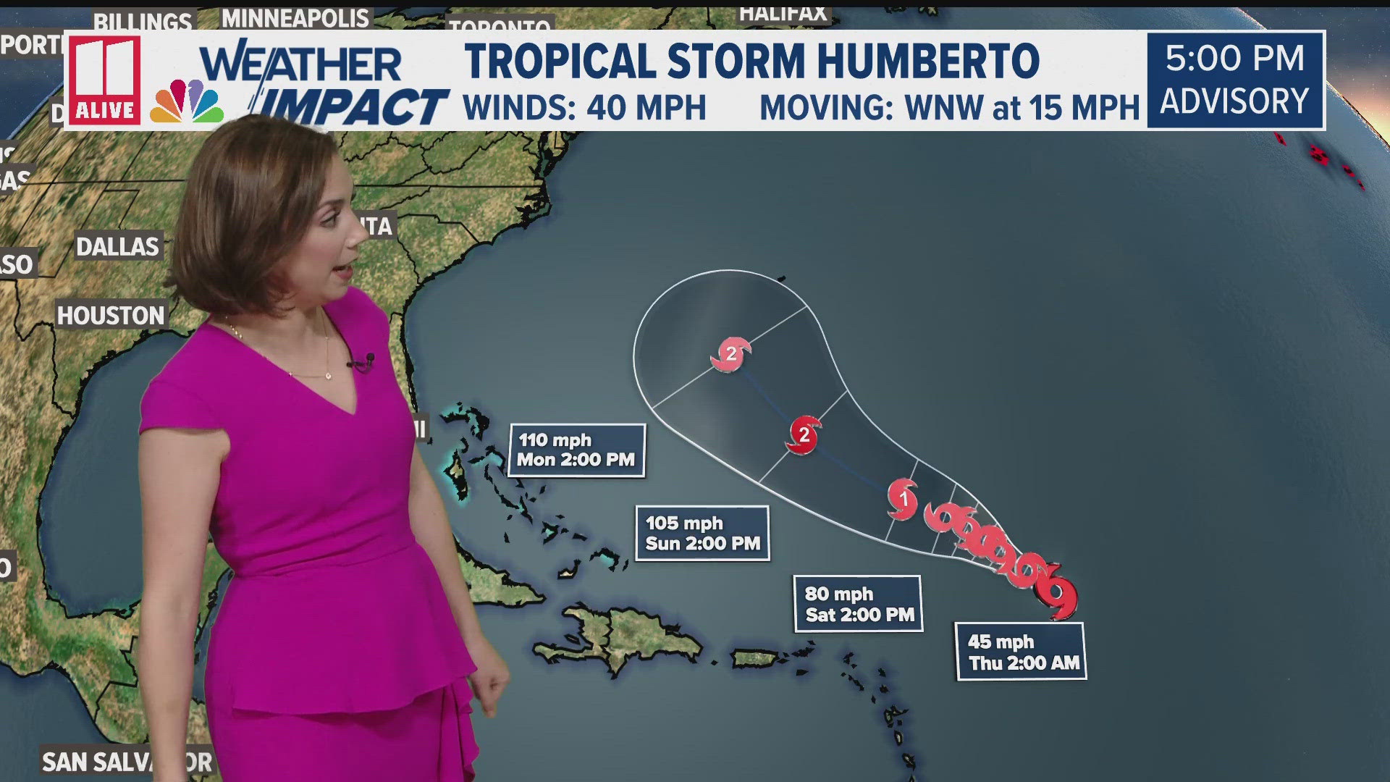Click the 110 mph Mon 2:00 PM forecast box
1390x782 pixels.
tap(576, 450)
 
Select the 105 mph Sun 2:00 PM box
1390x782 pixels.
tap(702, 534)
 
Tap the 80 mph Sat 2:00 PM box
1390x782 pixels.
tap(859, 604)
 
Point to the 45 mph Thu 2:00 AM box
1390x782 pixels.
tap(1022, 652)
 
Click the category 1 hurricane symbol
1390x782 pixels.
tap(903, 498)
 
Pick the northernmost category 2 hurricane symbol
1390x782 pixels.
tap(731, 354)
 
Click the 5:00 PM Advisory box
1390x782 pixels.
tap(1235, 80)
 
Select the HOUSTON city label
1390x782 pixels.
tap(111, 316)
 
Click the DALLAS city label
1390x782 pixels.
tap(117, 247)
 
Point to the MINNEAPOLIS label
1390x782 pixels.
tap(295, 18)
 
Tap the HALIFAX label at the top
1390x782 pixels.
tap(783, 12)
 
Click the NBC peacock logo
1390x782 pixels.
tap(187, 103)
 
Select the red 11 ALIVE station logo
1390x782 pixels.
tap(105, 80)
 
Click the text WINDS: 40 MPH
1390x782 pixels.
tap(584, 108)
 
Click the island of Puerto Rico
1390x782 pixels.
tap(754, 658)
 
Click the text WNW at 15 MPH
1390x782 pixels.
tap(1022, 108)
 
